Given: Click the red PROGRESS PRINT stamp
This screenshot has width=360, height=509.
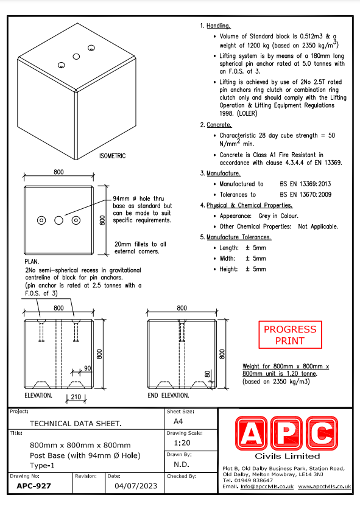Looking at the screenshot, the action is point(290,335).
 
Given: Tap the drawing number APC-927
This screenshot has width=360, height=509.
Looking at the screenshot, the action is point(34,486).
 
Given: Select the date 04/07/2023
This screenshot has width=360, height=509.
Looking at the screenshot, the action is point(136,486).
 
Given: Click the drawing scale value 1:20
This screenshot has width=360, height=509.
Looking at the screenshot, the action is point(182,443).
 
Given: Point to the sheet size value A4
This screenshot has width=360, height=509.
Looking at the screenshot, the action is point(178,421).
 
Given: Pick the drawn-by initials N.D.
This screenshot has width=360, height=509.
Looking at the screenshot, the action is point(182,465).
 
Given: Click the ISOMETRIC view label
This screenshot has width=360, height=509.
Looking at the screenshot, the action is point(113,156).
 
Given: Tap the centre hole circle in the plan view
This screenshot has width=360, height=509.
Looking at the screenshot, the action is point(59,220).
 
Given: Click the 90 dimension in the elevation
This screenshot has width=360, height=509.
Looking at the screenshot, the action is point(87,368).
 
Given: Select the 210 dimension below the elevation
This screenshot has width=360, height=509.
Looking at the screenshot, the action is point(76,397).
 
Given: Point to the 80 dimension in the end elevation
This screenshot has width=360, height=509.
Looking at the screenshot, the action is point(208,374).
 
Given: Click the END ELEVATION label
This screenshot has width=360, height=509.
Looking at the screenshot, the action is point(168,395).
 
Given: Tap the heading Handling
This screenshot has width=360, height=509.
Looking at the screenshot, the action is point(219,26).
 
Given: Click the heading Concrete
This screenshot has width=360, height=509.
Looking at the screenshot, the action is point(219,125).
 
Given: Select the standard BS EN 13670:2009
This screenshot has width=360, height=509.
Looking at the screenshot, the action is point(306,194).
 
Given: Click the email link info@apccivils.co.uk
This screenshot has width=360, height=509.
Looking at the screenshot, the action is point(267,486).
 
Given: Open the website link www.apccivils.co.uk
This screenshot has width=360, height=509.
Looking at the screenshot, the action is point(325,486).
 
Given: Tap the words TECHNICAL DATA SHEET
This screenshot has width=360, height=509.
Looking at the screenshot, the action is point(76,424).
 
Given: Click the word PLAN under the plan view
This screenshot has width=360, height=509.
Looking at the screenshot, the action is point(32,262).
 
